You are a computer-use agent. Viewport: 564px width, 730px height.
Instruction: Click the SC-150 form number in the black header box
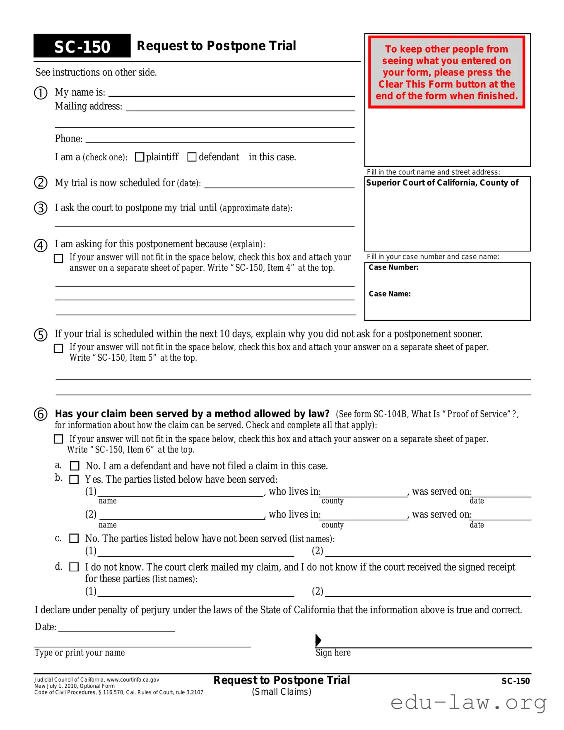tap(82, 47)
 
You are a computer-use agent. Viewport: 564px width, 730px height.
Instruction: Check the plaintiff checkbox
tap(140, 157)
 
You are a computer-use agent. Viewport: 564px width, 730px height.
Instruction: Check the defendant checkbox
tap(192, 157)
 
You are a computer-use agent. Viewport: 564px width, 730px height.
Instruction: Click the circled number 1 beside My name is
tap(41, 93)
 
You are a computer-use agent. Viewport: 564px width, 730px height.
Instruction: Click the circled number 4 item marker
tap(41, 245)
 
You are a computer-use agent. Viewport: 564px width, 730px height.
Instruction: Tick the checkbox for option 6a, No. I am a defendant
tap(75, 466)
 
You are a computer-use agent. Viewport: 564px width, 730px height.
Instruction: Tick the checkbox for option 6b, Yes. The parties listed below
tap(74, 479)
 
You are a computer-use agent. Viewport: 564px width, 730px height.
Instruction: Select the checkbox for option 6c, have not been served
tap(74, 538)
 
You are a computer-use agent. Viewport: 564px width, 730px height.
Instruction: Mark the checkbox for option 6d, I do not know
tap(74, 567)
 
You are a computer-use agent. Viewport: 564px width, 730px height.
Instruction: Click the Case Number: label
tap(393, 267)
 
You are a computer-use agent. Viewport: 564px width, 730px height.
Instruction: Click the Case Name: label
tap(390, 294)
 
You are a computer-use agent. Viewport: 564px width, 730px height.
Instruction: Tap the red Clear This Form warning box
tap(446, 72)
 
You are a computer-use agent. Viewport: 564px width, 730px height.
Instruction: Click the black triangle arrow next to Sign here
tap(318, 640)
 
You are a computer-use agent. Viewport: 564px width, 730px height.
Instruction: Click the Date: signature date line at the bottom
tap(116, 629)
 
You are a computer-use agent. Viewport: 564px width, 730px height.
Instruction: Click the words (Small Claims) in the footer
tap(282, 692)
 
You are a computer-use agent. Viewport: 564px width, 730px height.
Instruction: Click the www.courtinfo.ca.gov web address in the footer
tap(133, 680)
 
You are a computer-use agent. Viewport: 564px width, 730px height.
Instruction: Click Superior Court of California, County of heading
tap(442, 183)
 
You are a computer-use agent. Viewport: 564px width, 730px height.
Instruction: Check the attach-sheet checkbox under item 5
tap(59, 348)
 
